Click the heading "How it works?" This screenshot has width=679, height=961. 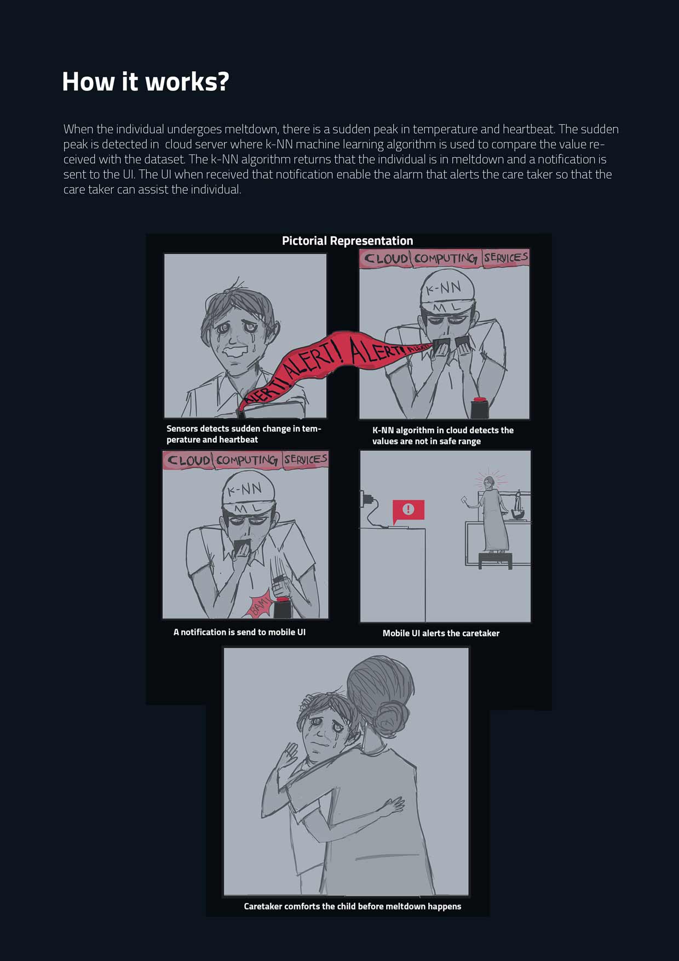(x=145, y=82)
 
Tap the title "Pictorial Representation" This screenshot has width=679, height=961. (x=347, y=241)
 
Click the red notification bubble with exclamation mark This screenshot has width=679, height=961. (x=408, y=511)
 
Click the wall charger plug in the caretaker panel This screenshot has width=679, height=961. (x=366, y=499)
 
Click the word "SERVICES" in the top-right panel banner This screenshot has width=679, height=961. (x=505, y=257)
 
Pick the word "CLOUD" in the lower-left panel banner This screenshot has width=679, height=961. (x=188, y=460)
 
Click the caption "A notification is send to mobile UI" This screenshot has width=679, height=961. (x=239, y=632)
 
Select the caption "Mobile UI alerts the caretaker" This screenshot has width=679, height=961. (x=441, y=633)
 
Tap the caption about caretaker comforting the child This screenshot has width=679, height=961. (x=352, y=906)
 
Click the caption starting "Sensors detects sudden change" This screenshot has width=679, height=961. (x=244, y=434)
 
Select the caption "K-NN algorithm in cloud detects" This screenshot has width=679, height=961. (x=443, y=436)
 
